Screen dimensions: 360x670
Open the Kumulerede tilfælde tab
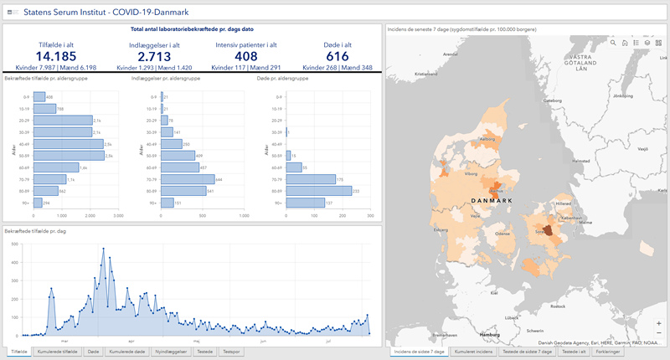(x=58, y=352)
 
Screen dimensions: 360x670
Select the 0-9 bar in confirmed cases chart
(x=39, y=97)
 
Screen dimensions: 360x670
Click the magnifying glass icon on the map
(x=614, y=42)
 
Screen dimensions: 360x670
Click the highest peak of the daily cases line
(x=103, y=249)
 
